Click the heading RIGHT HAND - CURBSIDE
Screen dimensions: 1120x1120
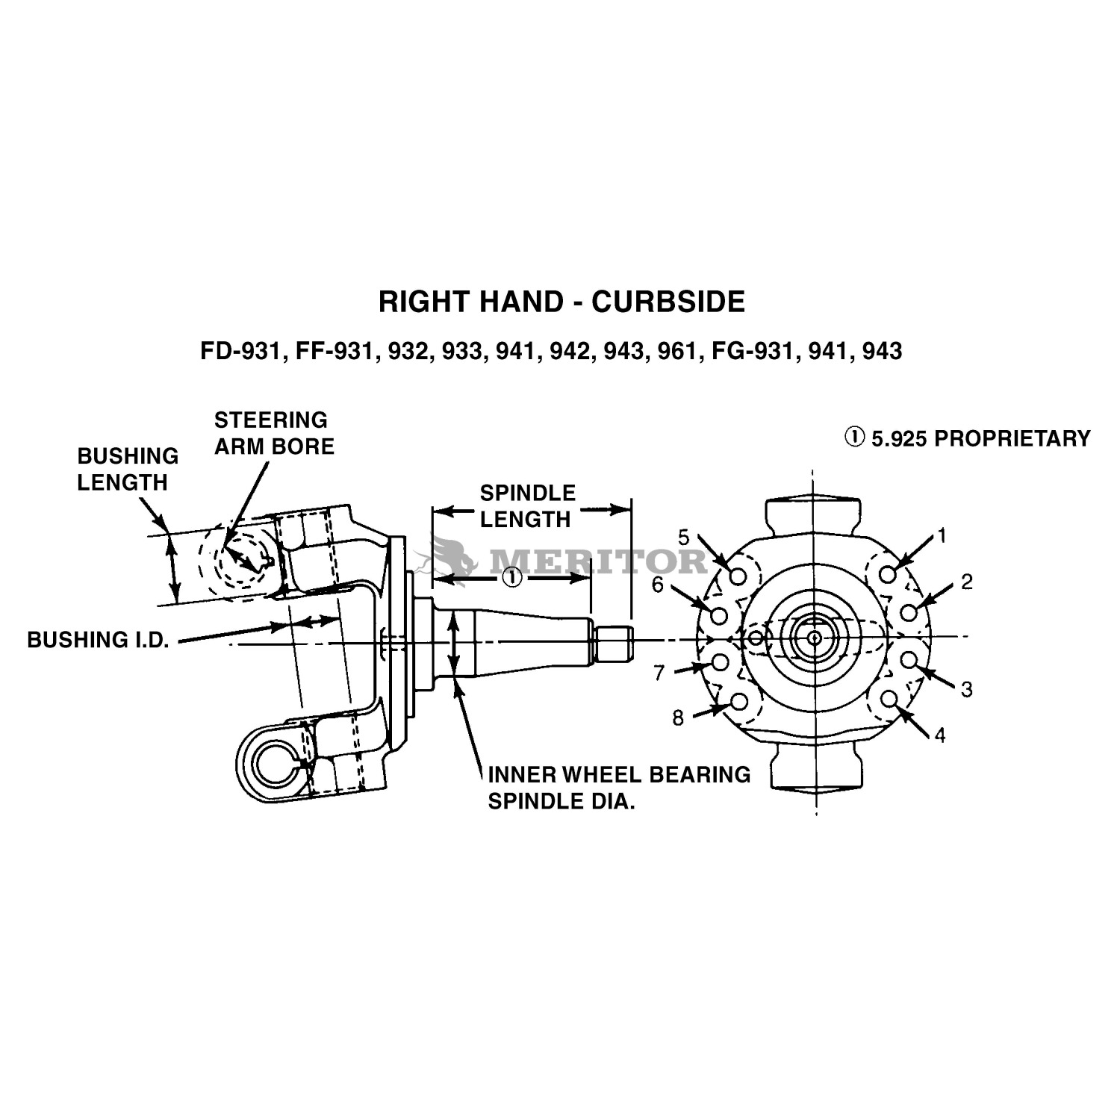pyautogui.click(x=561, y=302)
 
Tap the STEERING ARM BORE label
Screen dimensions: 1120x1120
pyautogui.click(x=274, y=433)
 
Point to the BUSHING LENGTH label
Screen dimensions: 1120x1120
pyautogui.click(x=128, y=469)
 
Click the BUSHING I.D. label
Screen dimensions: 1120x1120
pyautogui.click(x=98, y=640)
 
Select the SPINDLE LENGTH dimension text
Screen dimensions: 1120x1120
pyautogui.click(x=527, y=505)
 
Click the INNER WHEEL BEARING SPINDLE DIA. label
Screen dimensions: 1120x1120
pyautogui.click(x=619, y=788)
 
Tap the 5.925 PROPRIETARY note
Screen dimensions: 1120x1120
pyautogui.click(x=968, y=438)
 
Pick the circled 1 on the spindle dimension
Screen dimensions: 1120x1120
pyautogui.click(x=512, y=578)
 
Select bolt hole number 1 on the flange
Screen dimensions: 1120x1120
pyautogui.click(x=888, y=574)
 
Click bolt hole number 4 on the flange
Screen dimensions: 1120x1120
pyautogui.click(x=889, y=699)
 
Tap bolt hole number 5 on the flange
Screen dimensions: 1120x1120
pyautogui.click(x=738, y=576)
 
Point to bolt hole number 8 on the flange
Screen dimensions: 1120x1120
pyautogui.click(x=738, y=701)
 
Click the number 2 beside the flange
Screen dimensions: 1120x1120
pyautogui.click(x=966, y=582)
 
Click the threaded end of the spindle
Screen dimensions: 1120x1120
pyautogui.click(x=614, y=644)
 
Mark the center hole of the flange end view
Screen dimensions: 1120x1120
pyautogui.click(x=814, y=637)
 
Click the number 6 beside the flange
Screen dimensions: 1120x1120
pyautogui.click(x=657, y=585)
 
